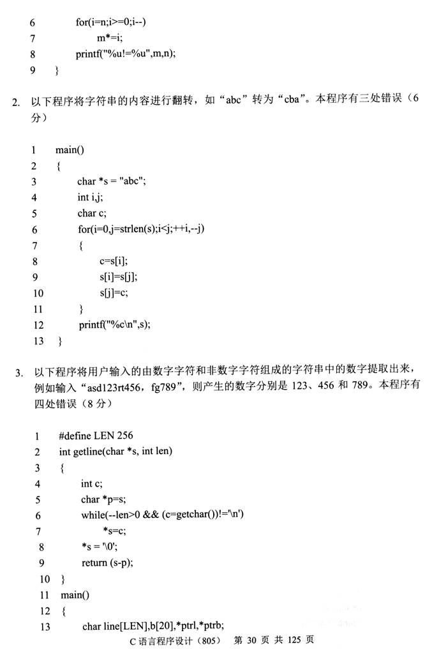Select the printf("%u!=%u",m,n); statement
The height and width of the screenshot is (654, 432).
pyautogui.click(x=125, y=54)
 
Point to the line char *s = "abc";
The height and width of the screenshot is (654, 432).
pyautogui.click(x=112, y=181)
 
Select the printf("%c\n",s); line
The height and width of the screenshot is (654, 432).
pyautogui.click(x=115, y=324)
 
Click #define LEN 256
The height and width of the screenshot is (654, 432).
pyautogui.click(x=96, y=436)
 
